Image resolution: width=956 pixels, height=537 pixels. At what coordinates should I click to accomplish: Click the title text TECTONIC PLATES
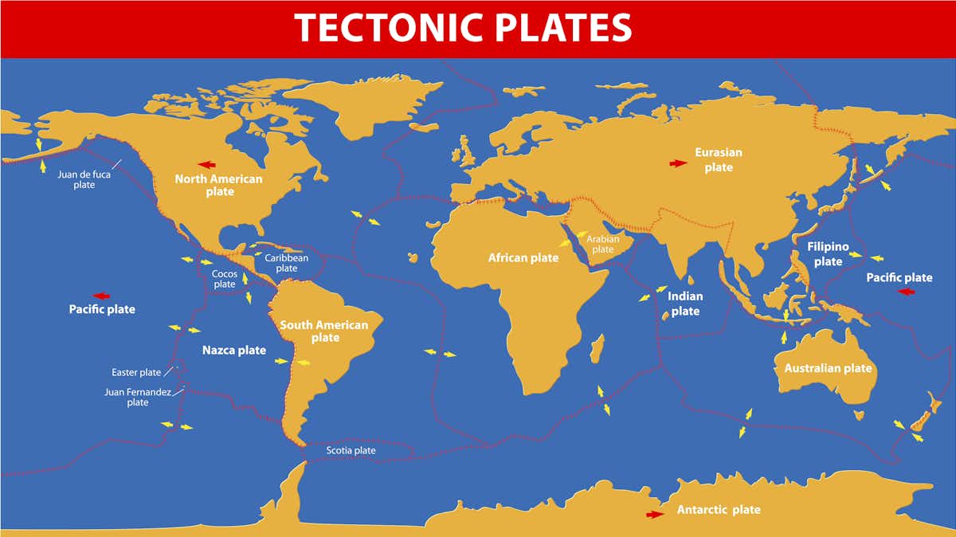click(463, 28)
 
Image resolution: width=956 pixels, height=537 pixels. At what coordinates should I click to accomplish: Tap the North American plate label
click(218, 185)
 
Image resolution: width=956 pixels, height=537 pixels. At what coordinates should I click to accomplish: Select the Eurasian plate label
click(718, 159)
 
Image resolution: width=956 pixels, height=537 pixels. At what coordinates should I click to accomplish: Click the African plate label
click(523, 258)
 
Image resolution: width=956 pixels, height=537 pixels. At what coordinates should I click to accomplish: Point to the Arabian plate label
click(603, 244)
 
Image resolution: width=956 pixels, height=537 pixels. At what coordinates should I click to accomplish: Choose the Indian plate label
click(685, 304)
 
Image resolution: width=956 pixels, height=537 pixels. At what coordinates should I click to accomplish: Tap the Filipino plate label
click(828, 254)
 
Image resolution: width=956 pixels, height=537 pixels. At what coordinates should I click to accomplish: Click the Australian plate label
click(828, 368)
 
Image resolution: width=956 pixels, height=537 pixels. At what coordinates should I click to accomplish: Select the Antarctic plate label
click(719, 510)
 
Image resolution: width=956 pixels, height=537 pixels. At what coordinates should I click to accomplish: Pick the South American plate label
click(324, 331)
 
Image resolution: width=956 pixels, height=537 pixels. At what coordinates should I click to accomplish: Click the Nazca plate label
click(233, 350)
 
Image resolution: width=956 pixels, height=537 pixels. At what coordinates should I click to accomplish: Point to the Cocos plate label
click(225, 279)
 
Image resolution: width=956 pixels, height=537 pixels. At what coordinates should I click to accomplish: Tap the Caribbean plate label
click(286, 263)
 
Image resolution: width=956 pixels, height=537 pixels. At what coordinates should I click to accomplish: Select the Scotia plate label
click(351, 451)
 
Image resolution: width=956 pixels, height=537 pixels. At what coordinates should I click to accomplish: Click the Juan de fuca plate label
click(84, 178)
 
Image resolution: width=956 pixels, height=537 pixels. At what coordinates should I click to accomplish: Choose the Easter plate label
click(136, 372)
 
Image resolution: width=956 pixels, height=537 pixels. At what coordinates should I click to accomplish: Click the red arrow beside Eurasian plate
click(678, 163)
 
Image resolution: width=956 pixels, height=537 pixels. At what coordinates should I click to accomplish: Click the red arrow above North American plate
click(206, 165)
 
